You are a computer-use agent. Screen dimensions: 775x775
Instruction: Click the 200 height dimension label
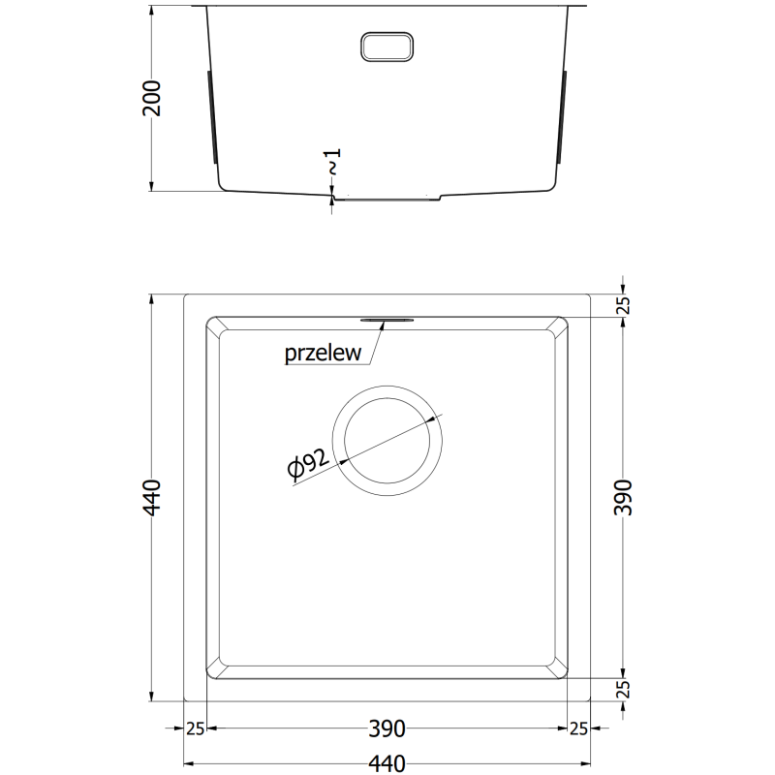(151, 98)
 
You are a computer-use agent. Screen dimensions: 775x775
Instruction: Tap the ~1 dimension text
(331, 163)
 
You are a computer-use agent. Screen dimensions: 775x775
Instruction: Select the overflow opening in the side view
(387, 46)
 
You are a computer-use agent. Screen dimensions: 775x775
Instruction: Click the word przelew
(324, 354)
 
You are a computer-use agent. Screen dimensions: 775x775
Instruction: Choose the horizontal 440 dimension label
(387, 763)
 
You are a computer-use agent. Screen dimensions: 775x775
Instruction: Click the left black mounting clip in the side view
(213, 116)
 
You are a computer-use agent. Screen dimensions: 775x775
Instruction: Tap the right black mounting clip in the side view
(563, 116)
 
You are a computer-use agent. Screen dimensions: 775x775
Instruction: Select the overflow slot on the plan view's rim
(387, 318)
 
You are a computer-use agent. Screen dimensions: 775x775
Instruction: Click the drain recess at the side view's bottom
(387, 198)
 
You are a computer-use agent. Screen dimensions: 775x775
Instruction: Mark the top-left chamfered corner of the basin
(214, 325)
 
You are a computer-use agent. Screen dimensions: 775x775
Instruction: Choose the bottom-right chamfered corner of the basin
(560, 668)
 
